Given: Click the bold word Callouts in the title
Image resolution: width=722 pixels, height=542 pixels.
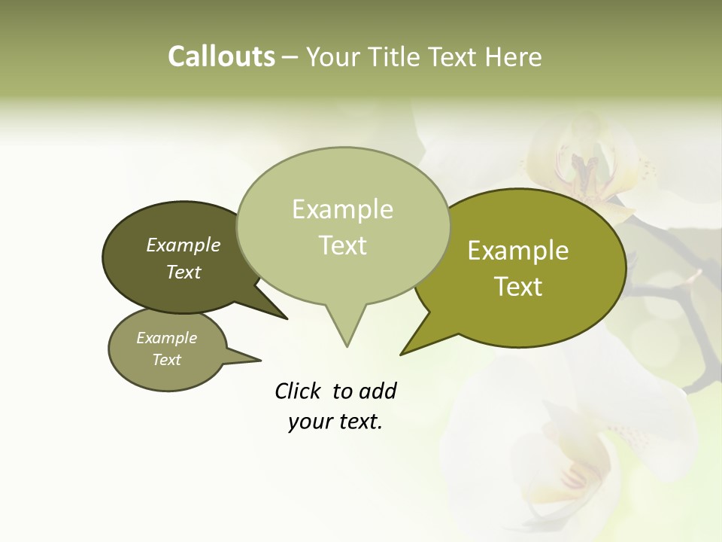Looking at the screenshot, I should point(221,56).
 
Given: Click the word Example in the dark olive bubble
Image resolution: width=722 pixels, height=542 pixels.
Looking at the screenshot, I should point(184,245).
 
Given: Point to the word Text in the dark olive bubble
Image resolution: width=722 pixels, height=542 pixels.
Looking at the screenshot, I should point(184,272).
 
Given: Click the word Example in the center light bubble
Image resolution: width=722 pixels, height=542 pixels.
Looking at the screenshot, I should point(342,209).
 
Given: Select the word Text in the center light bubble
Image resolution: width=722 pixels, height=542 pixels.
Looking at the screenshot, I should point(342,245).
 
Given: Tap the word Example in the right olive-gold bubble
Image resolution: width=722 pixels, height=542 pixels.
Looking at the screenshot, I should point(518,251).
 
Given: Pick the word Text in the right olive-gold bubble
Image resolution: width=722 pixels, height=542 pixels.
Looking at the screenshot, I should point(518,287).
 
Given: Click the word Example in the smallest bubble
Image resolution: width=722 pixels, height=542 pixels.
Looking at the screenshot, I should point(166,338).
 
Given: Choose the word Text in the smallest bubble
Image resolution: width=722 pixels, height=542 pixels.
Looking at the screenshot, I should point(166,360).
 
